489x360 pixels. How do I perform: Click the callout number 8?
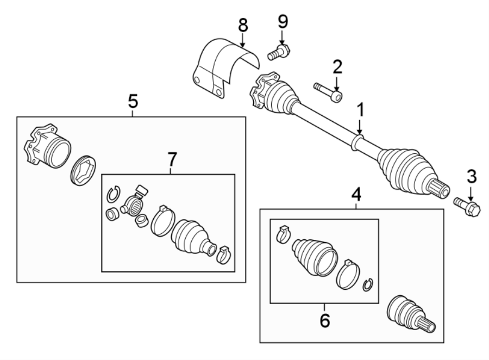(242, 25)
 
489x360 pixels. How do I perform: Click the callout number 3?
(471, 176)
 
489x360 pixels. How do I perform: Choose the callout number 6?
(324, 321)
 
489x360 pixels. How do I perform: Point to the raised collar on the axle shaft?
(357, 144)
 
